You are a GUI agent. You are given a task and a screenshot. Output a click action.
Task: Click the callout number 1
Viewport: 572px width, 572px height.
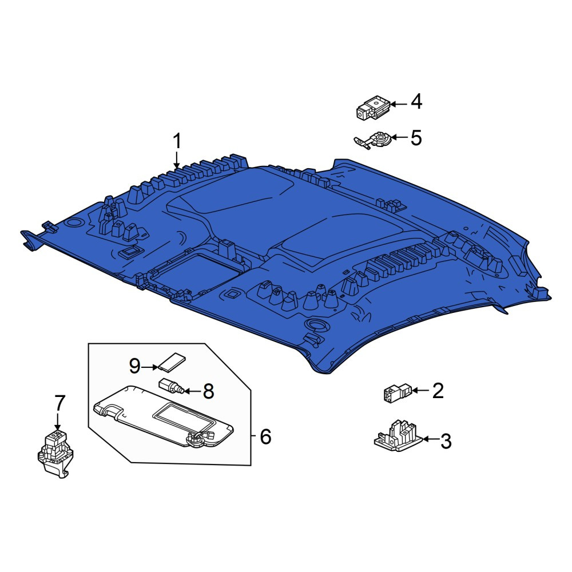pyautogui.click(x=177, y=141)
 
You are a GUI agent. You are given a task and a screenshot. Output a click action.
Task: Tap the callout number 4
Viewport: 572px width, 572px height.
pyautogui.click(x=416, y=101)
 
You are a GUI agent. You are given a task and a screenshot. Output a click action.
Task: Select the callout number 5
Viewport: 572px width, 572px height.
pyautogui.click(x=416, y=138)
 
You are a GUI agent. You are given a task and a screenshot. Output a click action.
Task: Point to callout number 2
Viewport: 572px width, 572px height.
pyautogui.click(x=438, y=391)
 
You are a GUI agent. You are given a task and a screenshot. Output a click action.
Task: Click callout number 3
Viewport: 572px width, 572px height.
pyautogui.click(x=446, y=442)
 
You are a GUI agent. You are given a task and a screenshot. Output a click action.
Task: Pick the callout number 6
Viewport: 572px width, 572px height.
pyautogui.click(x=265, y=436)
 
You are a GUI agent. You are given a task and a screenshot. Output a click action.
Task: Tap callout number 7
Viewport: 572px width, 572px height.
pyautogui.click(x=59, y=403)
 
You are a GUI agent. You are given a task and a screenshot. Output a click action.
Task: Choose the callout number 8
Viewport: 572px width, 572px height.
pyautogui.click(x=208, y=391)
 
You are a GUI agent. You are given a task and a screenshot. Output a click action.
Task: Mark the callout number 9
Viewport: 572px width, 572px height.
pyautogui.click(x=135, y=366)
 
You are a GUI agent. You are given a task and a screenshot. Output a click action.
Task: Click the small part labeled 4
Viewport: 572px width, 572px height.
pyautogui.click(x=373, y=108)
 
